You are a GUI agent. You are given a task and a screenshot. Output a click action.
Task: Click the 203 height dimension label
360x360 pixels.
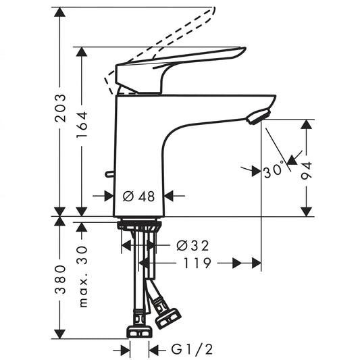click(x=60, y=107)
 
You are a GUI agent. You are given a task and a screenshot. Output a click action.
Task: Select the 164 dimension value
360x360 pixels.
click(x=82, y=124)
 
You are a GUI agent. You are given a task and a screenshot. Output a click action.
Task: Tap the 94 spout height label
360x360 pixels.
click(x=307, y=171)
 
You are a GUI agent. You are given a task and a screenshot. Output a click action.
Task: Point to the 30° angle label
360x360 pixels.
click(x=274, y=170)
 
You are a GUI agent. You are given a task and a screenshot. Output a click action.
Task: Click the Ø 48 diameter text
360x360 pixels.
click(x=139, y=197)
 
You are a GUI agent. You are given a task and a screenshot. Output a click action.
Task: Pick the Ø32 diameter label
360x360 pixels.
click(x=192, y=246)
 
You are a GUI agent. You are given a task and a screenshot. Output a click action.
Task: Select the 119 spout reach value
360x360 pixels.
click(x=197, y=263)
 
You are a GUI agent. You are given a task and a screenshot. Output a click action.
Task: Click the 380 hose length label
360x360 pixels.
click(x=60, y=280)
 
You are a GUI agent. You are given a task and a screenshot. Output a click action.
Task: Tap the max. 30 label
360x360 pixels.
click(x=83, y=276)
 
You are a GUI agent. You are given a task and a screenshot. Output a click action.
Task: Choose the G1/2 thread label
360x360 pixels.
click(x=192, y=350)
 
